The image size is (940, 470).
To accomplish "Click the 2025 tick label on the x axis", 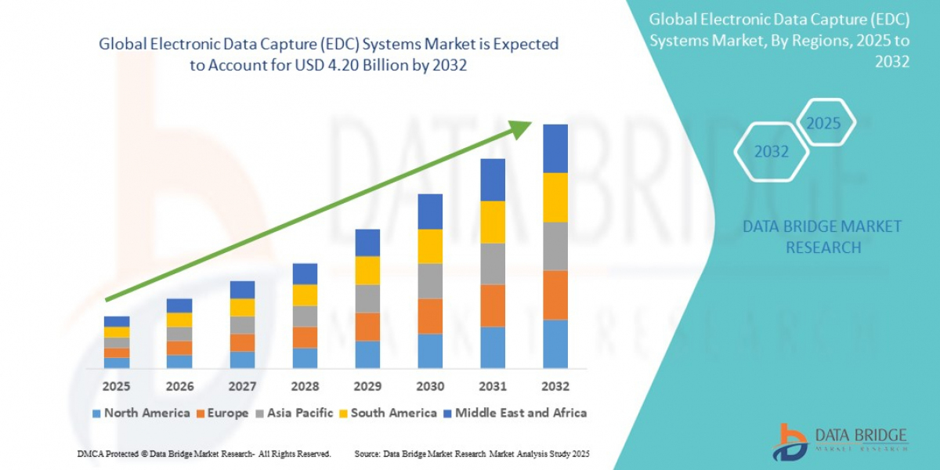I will pos(117,386).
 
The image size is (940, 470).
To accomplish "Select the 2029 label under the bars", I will pos(367,386).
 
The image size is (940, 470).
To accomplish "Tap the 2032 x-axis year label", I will pos(555,386).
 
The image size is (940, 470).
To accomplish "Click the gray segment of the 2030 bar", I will pos(430,280).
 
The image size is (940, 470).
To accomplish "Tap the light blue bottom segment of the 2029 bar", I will pos(367,354).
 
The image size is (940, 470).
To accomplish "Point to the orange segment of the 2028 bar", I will pos(305,337).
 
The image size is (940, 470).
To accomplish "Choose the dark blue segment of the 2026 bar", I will pos(179,305).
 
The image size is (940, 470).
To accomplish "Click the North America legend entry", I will pos(141,413).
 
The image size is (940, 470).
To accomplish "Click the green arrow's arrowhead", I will pos(520,128).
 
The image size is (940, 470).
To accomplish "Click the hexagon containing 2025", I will pos(824,123).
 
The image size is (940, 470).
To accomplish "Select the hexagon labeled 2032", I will pos(772,152).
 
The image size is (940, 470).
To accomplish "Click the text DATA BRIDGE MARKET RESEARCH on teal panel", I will pos(822,237).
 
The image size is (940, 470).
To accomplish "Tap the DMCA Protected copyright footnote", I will pos(204,454).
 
